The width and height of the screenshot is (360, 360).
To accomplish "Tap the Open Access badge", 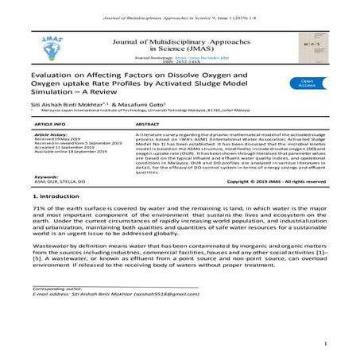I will [308, 82].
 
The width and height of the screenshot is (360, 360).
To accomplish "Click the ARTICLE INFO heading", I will [51, 125].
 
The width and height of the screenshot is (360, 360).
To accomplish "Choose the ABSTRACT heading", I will [149, 125].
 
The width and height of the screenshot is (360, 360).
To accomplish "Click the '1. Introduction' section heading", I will [57, 195].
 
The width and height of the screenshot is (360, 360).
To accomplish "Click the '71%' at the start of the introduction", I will [37, 208].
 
